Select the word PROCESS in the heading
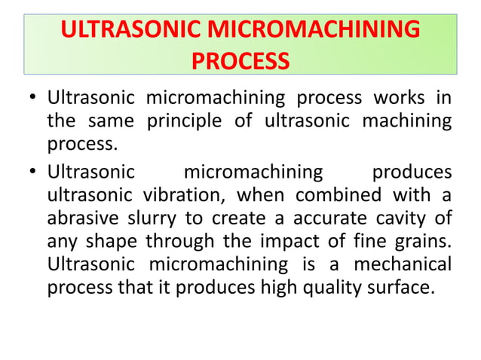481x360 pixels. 240,59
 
